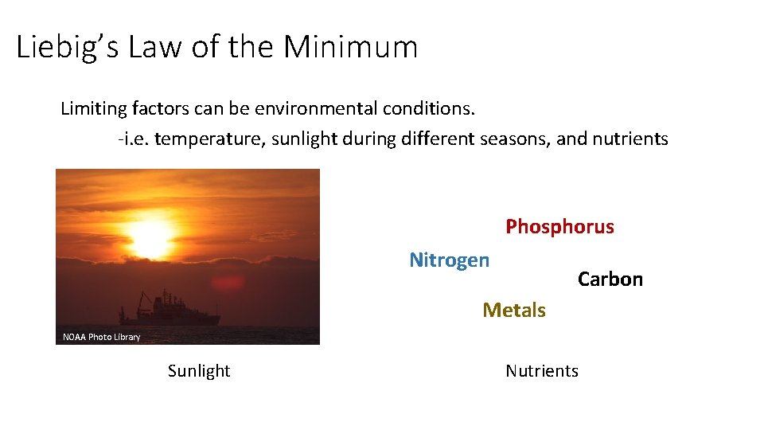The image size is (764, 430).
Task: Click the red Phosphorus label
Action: pyautogui.click(x=559, y=227)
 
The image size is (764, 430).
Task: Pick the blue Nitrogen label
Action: pyautogui.click(x=449, y=260)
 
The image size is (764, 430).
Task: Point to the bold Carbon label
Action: pyautogui.click(x=610, y=279)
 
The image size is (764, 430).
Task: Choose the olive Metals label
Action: pyautogui.click(x=514, y=311)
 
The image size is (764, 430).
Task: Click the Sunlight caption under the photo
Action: pyautogui.click(x=199, y=371)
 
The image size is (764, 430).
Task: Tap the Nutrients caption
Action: pyautogui.click(x=542, y=371)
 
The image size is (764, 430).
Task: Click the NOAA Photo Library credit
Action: pyautogui.click(x=101, y=337)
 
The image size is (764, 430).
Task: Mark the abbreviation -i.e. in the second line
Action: pyautogui.click(x=133, y=139)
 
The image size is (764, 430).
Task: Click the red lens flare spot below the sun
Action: pyautogui.click(x=228, y=283)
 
